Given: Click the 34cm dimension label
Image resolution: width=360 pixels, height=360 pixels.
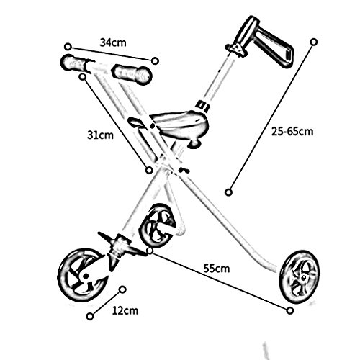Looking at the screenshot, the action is click(x=113, y=42).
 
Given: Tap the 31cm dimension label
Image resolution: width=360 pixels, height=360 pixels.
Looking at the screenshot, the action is click(x=100, y=135).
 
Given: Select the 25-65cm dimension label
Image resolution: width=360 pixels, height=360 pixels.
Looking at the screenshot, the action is click(x=292, y=132).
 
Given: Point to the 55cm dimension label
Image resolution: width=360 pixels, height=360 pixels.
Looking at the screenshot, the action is click(x=217, y=269).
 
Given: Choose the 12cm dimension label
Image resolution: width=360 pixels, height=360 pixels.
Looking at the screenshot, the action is click(x=125, y=311).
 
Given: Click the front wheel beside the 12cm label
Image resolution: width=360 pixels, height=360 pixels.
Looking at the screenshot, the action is click(x=82, y=274).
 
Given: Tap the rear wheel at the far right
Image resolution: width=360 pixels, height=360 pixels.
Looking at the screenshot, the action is click(x=300, y=278).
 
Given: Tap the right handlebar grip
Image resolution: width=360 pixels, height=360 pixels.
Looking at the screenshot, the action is click(x=132, y=73).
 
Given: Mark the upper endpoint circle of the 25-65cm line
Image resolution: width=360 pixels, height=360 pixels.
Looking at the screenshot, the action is click(x=314, y=42).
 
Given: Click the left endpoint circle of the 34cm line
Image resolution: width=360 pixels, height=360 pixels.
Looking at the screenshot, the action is click(x=68, y=47).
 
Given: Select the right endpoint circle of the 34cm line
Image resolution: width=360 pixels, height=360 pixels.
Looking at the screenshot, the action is click(x=156, y=60).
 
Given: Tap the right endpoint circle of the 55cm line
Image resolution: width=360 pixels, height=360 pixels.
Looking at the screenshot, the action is click(x=290, y=310).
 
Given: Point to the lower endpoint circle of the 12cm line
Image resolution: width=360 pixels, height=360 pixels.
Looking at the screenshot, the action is click(x=90, y=316).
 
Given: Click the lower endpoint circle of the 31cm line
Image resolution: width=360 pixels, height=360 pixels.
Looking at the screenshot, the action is click(x=149, y=170).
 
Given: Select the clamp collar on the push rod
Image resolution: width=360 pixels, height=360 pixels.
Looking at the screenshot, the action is click(x=203, y=105).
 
